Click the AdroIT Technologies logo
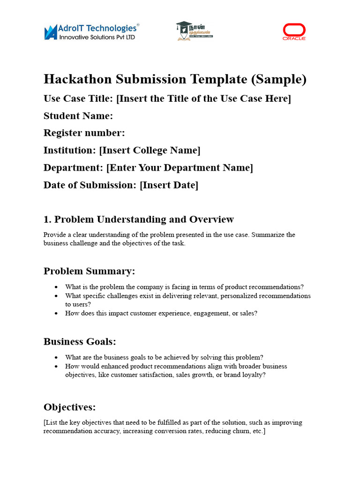(91, 32)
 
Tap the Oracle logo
(294, 32)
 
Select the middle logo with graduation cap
(194, 31)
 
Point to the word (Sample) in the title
(279, 79)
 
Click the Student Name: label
(78, 116)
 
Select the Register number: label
(84, 133)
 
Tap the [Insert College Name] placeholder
(150, 150)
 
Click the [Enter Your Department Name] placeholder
(180, 168)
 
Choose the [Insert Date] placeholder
(169, 185)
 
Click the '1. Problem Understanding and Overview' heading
(138, 219)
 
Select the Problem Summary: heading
(89, 271)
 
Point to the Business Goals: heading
(80, 342)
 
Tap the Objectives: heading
(69, 407)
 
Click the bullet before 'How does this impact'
(56, 314)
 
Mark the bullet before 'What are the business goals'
(56, 357)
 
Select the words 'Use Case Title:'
(78, 99)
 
